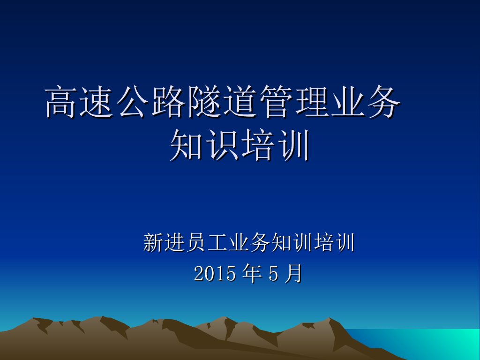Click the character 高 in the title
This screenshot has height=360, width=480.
pos(60,102)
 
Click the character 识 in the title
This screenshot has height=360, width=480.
pos(222,145)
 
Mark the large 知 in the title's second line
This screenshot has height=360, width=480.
pos(186,145)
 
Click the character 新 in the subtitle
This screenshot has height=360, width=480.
pos(153,242)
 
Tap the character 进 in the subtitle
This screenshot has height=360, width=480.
pos(174,242)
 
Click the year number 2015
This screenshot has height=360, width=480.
pos(215,273)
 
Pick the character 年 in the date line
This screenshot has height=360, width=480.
pos(252,273)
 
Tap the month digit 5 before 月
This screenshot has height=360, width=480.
pos(273,273)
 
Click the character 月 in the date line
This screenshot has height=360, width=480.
pos(293,273)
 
